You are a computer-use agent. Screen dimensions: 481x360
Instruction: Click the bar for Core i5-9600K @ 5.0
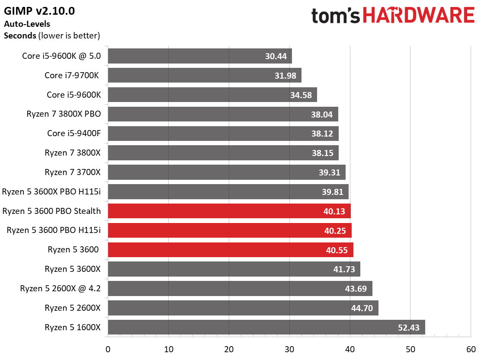pyautogui.click(x=200, y=56)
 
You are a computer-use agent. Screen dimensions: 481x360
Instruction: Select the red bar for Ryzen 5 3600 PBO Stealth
pyautogui.click(x=229, y=211)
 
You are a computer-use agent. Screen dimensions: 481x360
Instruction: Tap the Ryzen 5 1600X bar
pyautogui.click(x=266, y=327)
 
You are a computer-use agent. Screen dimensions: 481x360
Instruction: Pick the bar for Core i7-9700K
pyautogui.click(x=205, y=75)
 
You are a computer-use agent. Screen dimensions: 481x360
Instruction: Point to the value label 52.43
pyautogui.click(x=408, y=328)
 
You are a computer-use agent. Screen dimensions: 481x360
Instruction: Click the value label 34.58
pyautogui.click(x=301, y=95)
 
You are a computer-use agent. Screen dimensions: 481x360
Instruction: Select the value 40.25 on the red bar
pyautogui.click(x=335, y=231)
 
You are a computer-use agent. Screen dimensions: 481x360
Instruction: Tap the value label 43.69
pyautogui.click(x=356, y=289)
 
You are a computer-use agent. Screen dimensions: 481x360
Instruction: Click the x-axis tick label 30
pyautogui.click(x=289, y=349)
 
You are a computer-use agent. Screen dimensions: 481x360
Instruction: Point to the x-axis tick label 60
pyautogui.click(x=471, y=349)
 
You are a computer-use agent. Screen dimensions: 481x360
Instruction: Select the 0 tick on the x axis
pyautogui.click(x=108, y=349)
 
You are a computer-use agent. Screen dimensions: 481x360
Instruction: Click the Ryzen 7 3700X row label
pyautogui.click(x=72, y=172)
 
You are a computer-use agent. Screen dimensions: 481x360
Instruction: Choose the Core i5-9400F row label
pyautogui.click(x=74, y=133)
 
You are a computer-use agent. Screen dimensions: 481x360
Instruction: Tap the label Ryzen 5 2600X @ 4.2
pyautogui.click(x=60, y=289)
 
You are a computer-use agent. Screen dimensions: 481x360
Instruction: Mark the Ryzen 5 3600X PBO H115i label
pyautogui.click(x=51, y=192)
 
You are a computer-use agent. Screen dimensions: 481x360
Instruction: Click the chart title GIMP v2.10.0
pyautogui.click(x=39, y=11)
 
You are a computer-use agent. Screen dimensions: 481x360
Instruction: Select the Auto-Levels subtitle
pyautogui.click(x=27, y=24)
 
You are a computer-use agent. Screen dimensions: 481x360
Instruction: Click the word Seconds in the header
pyautogui.click(x=20, y=35)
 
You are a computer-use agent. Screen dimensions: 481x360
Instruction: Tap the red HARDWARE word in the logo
pyautogui.click(x=419, y=15)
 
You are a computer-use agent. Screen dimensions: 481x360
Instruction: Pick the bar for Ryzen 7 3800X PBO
pyautogui.click(x=223, y=114)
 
